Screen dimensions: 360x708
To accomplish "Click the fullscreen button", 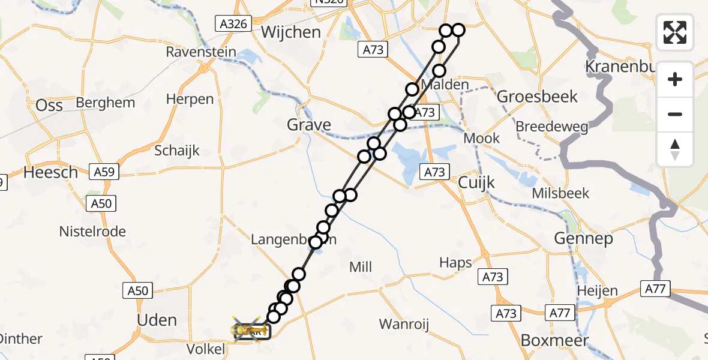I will pos(675,32).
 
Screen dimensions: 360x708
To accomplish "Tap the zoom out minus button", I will pos(675,114).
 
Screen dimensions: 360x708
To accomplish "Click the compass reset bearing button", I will pos(675,149).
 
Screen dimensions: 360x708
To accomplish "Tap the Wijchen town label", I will pos(291,32).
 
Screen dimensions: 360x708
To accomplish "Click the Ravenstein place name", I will pos(201,52).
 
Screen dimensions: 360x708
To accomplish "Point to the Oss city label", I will pos(49,105).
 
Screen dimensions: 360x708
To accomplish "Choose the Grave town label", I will pos(309,125).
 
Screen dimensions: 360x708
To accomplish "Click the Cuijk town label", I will pos(476,182).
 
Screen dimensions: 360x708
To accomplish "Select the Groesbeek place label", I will pos(538,96).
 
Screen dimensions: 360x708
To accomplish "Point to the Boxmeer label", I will pos(555,340).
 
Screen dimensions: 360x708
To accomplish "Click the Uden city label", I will pos(157,320).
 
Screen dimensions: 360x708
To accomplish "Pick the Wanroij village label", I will pos(404,325).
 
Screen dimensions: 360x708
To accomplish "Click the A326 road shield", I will pos(232,23).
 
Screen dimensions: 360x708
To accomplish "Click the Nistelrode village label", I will pos(92,231).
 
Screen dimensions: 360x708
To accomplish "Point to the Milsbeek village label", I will pos(560,193).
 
